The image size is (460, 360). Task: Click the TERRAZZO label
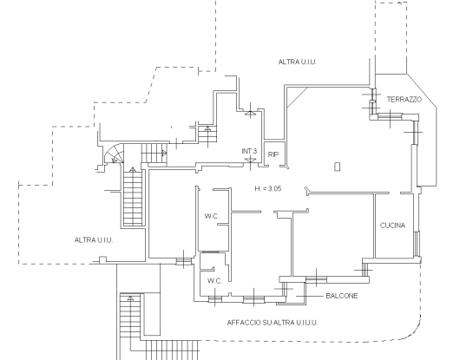404,100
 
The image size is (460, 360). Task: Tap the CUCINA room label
392,226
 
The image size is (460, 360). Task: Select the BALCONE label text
342,296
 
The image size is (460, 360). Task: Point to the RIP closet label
273,154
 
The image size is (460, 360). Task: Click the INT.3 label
249,151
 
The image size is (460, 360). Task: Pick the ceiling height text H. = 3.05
268,188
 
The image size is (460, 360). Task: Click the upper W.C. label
212,216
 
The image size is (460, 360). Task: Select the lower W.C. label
215,281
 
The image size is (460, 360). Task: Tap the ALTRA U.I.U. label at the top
298,62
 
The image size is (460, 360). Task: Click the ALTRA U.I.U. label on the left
94,240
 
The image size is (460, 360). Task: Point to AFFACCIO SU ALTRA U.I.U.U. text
273,323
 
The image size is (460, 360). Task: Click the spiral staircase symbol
115,154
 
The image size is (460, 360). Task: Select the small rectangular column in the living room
338,167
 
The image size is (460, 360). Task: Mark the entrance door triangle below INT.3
250,160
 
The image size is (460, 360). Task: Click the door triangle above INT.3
250,113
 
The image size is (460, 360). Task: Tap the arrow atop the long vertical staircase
133,169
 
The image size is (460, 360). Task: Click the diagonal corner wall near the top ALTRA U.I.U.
297,98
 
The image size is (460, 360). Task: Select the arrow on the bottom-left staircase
130,298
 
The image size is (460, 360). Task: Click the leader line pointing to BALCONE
309,296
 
